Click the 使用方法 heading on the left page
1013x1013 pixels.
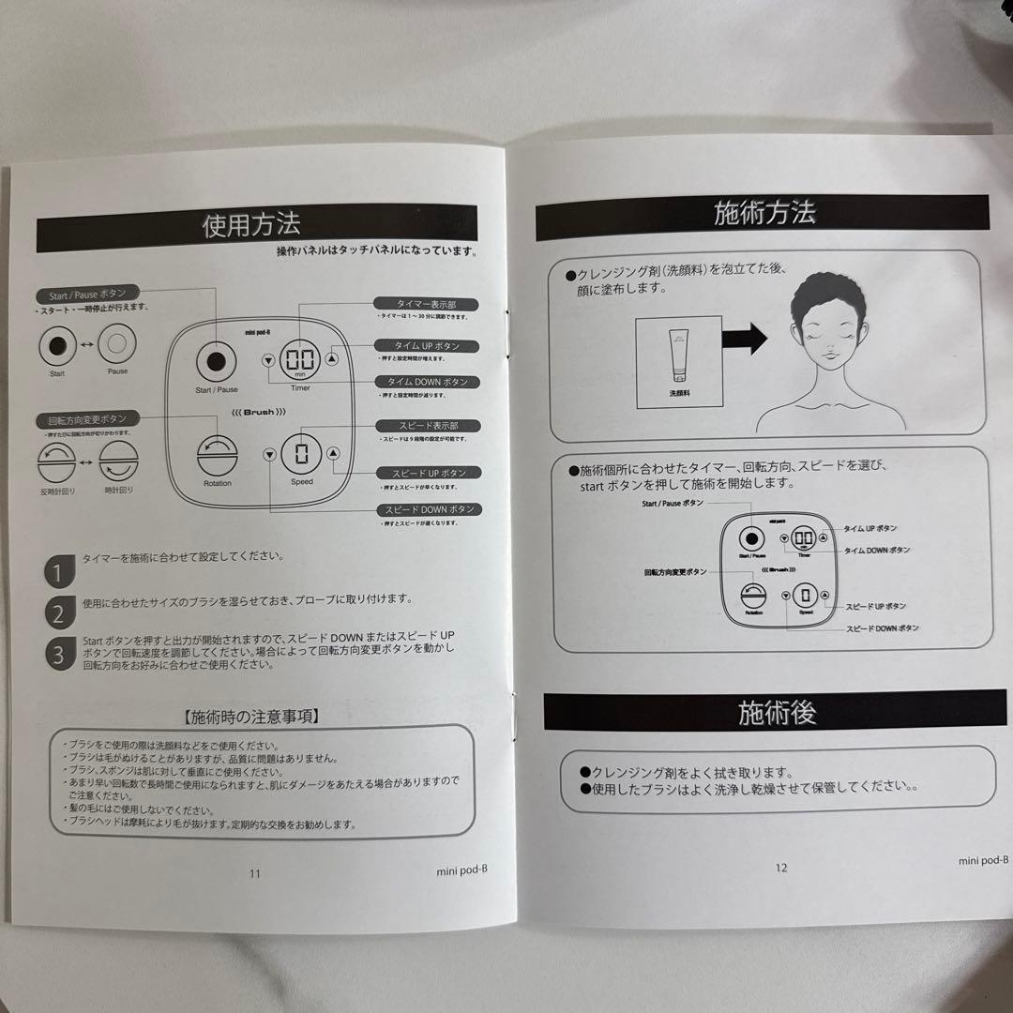[x=250, y=226]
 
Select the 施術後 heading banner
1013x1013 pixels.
[x=777, y=713]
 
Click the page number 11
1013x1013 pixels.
[x=255, y=873]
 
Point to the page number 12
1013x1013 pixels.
[x=781, y=868]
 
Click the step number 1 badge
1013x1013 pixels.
[x=58, y=571]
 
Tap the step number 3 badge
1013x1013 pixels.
[x=58, y=654]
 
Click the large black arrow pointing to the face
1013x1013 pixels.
[x=746, y=336]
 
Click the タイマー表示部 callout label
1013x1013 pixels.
[x=425, y=304]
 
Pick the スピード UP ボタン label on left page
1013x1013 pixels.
[x=424, y=473]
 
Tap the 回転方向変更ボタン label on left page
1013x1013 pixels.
[x=87, y=418]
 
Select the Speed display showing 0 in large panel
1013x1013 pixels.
[x=301, y=455]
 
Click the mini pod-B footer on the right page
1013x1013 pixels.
[x=983, y=859]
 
